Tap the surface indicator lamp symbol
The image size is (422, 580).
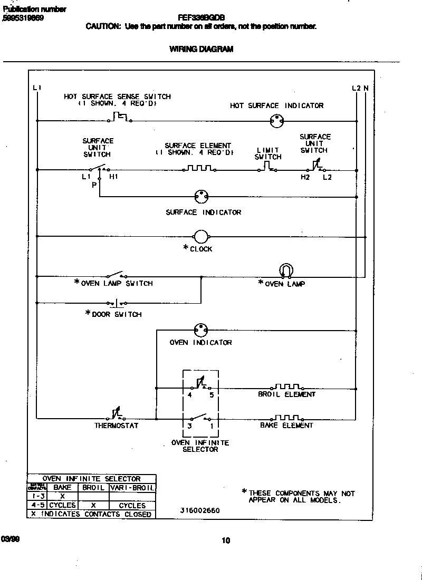pos(200,197)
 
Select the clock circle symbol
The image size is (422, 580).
pos(201,237)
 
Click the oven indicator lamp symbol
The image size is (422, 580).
pos(200,330)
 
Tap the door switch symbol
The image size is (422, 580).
pos(117,303)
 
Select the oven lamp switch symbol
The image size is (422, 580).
pos(116,275)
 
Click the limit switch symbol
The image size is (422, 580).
pos(267,167)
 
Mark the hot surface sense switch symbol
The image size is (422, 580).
pos(120,117)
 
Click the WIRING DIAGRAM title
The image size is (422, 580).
pos(201,49)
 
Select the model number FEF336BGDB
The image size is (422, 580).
pos(202,16)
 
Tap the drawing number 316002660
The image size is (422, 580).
pos(200,510)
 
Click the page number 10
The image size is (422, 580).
pos(226,540)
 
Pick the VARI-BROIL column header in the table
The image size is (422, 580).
pos(132,488)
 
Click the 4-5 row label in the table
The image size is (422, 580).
pos(37,505)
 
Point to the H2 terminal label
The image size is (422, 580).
pos(305,177)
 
